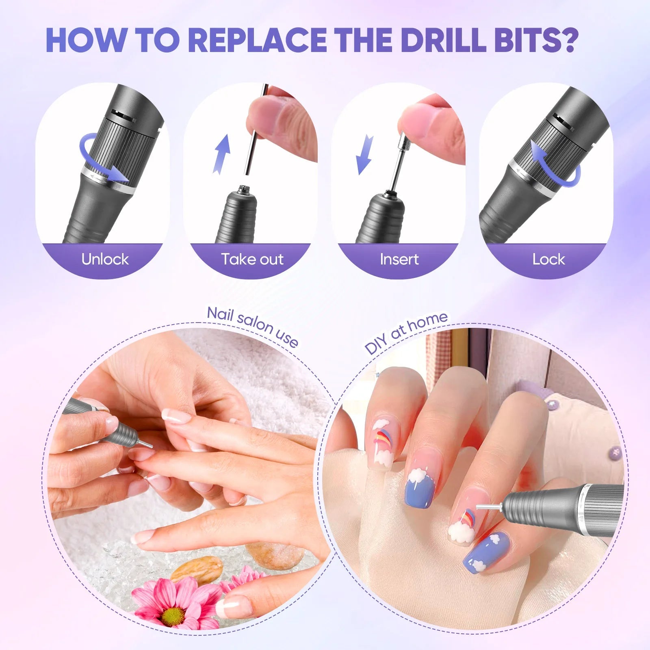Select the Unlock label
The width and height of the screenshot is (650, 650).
tap(105, 259)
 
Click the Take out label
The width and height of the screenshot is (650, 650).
tap(252, 259)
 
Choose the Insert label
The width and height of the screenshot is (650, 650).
tap(399, 259)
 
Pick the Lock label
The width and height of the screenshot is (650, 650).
tap(548, 259)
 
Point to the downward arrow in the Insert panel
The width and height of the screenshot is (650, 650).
tap(364, 154)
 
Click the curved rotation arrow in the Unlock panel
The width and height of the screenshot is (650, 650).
tap(102, 160)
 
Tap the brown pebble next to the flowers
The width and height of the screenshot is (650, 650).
tap(197, 569)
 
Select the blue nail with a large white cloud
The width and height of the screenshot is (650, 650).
tap(420, 487)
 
